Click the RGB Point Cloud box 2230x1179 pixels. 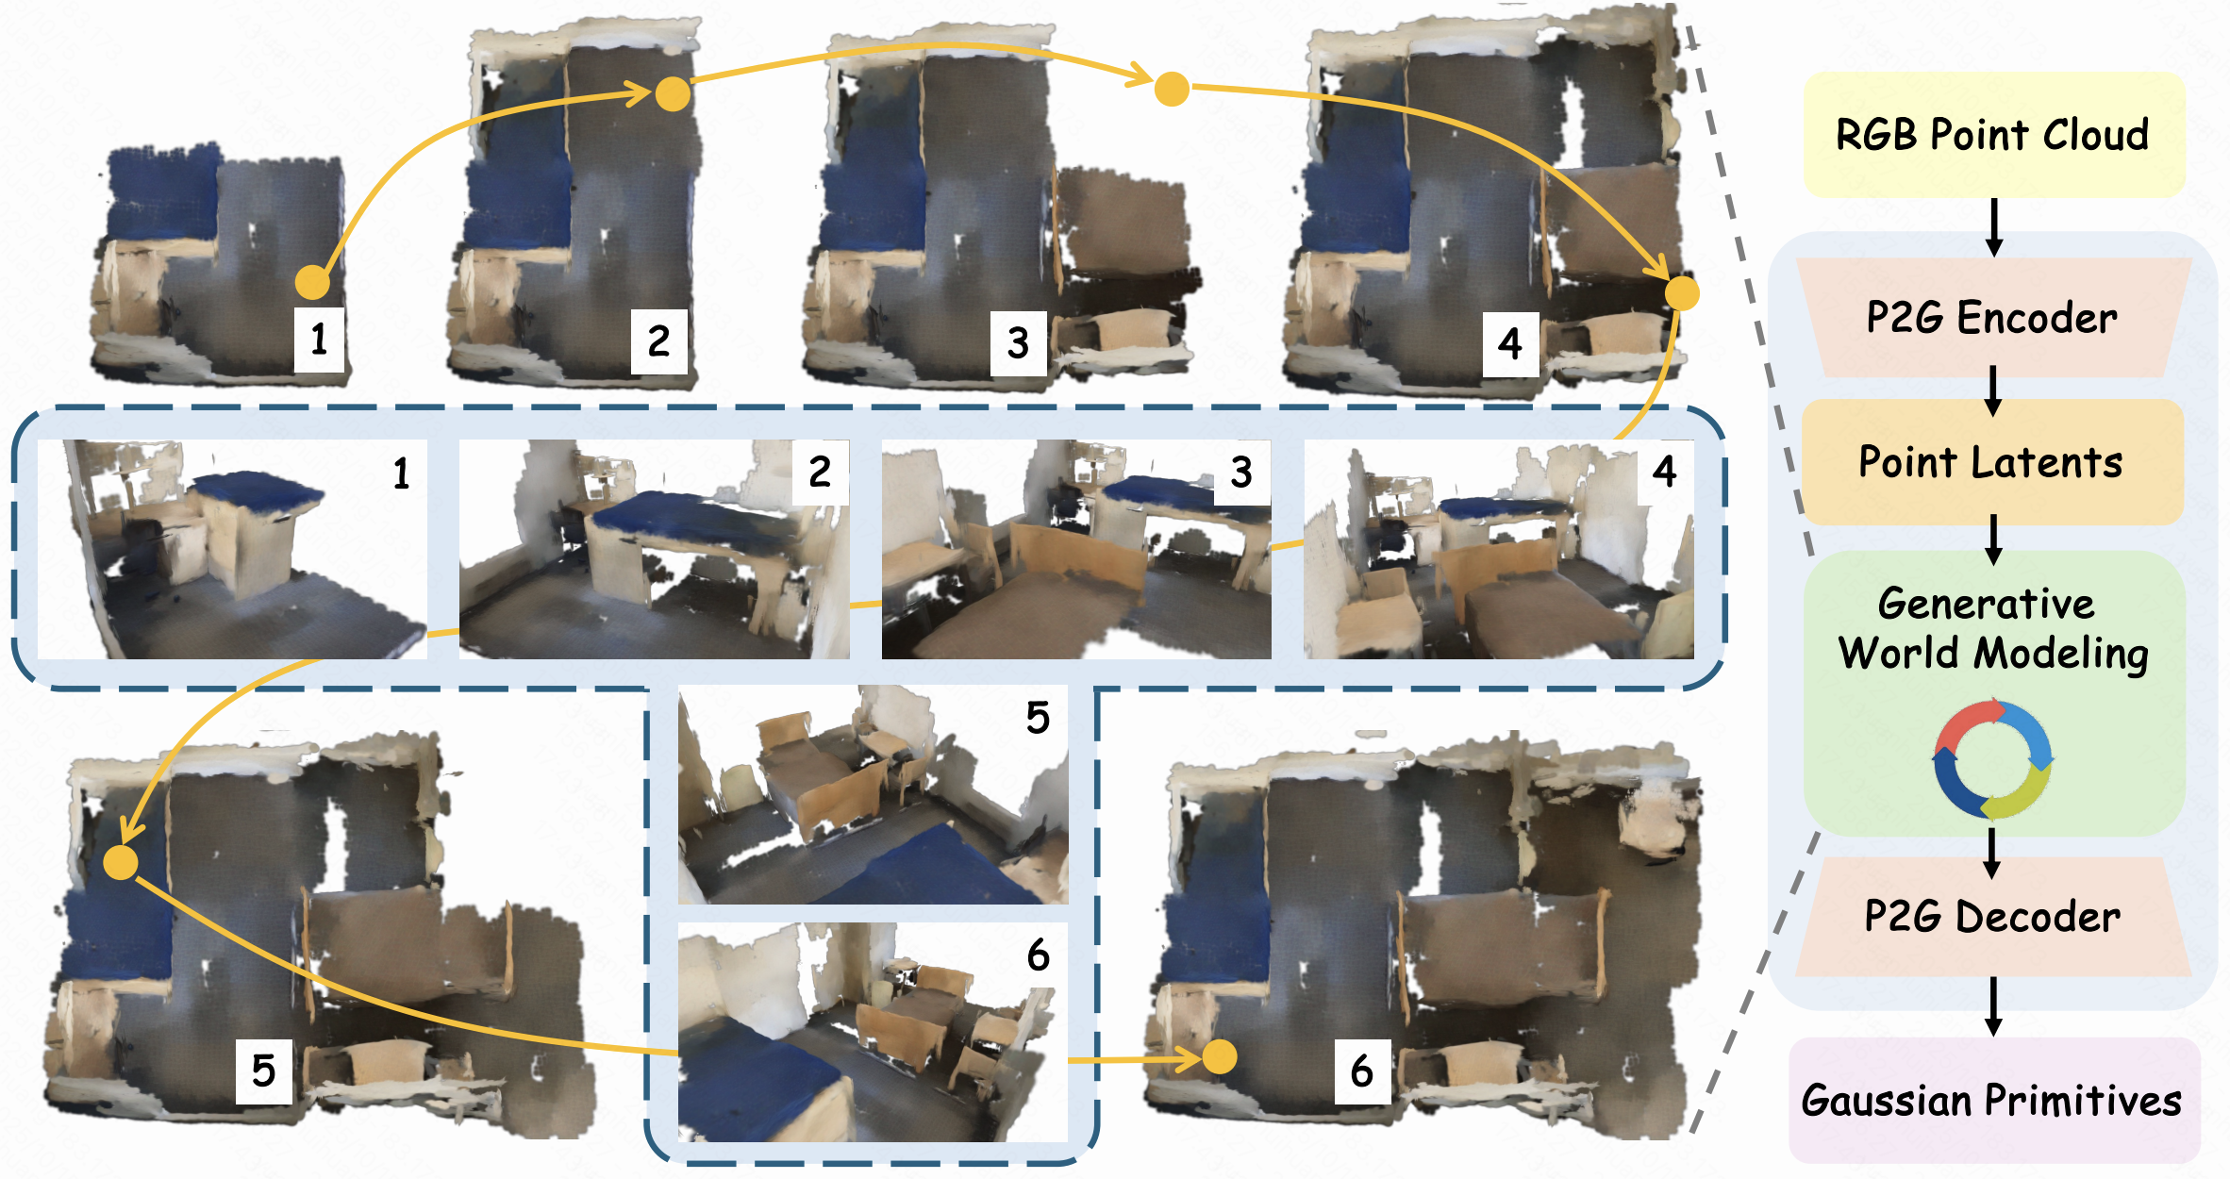click(x=1994, y=134)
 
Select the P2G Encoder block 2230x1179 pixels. click(x=1992, y=317)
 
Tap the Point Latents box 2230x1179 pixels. click(x=1992, y=462)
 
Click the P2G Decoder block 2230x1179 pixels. click(x=1992, y=917)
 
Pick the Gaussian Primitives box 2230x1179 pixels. click(x=1994, y=1100)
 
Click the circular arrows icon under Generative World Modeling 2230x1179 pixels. click(x=1992, y=759)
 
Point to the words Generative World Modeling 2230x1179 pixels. click(x=1992, y=628)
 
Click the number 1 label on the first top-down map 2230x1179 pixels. click(x=320, y=339)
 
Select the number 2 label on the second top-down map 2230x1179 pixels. click(x=658, y=340)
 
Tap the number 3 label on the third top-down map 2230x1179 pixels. click(x=1018, y=343)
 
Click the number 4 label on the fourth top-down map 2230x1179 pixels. click(x=1510, y=344)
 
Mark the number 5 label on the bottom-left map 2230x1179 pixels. click(x=264, y=1071)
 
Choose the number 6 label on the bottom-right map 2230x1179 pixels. click(x=1362, y=1071)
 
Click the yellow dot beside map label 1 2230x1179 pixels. click(x=313, y=282)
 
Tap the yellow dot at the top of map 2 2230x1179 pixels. click(x=673, y=94)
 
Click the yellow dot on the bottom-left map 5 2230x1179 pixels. click(x=121, y=862)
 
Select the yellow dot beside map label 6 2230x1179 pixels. click(x=1220, y=1057)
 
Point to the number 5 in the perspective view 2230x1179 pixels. click(x=1038, y=719)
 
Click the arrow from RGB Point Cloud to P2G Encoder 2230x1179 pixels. click(x=1994, y=227)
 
